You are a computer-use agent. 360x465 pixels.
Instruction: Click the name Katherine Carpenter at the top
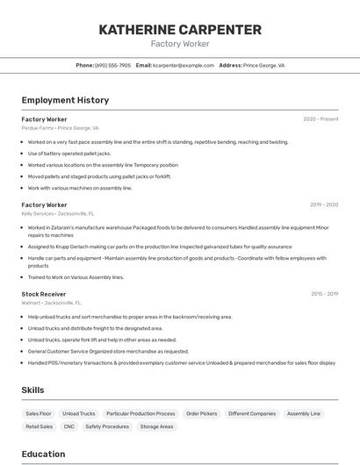[x=180, y=30]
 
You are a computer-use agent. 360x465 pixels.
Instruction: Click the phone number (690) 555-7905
[x=112, y=65]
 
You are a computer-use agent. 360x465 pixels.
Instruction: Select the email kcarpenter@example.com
[x=184, y=65]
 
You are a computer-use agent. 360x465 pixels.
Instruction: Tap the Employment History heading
[x=65, y=100]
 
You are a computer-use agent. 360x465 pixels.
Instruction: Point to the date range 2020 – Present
[x=320, y=118]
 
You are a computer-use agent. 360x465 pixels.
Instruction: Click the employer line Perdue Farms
[x=60, y=127]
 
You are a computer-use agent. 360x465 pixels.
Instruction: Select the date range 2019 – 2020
[x=323, y=204]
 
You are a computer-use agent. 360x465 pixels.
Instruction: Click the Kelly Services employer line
[x=58, y=213]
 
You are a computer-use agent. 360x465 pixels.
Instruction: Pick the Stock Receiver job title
[x=44, y=294]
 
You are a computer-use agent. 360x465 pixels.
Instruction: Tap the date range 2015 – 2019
[x=324, y=294]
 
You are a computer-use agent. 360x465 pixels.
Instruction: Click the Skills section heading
[x=32, y=390]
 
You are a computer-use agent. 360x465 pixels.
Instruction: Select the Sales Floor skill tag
[x=39, y=413]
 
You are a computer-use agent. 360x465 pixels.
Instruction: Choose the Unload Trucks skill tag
[x=80, y=413]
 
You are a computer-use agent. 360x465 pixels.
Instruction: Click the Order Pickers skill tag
[x=202, y=413]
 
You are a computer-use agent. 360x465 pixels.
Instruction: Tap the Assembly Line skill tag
[x=304, y=413]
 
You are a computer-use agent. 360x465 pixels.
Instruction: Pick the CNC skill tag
[x=68, y=426]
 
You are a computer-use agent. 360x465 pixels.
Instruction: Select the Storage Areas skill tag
[x=156, y=426]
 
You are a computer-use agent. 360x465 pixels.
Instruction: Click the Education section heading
[x=44, y=454]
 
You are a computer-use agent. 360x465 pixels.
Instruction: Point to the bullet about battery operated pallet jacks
[x=69, y=154]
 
